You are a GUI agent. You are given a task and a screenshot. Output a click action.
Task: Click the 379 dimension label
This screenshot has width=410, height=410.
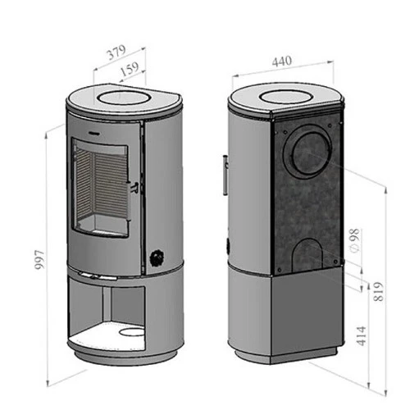[116, 52]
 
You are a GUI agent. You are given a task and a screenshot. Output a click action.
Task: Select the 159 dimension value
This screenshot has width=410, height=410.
[130, 69]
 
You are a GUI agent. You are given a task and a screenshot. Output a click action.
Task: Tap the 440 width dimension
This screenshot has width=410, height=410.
[282, 61]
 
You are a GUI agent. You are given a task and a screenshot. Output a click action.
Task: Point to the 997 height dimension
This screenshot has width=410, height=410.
[40, 259]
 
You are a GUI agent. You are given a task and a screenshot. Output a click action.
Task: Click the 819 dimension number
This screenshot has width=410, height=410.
[379, 292]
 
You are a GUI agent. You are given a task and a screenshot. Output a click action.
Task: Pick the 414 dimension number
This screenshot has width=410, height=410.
[362, 336]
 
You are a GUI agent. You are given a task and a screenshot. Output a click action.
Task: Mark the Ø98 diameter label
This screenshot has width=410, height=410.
[354, 241]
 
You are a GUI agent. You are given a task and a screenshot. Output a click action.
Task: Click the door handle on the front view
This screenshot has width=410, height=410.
[132, 201]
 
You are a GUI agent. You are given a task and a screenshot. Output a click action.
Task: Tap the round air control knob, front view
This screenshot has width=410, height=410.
[157, 257]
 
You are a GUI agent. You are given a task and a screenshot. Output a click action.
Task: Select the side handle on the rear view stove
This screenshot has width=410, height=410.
[225, 175]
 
